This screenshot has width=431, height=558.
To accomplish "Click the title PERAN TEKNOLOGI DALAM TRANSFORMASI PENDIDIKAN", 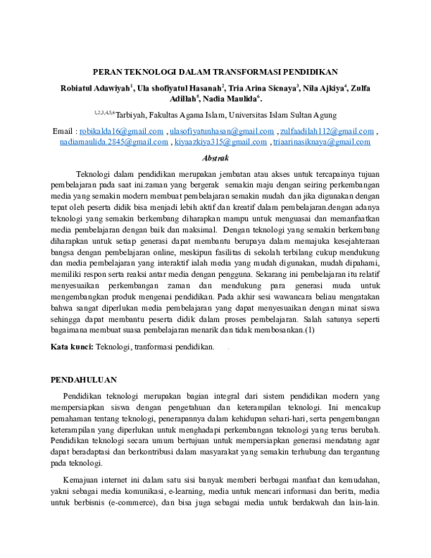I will [x=215, y=71].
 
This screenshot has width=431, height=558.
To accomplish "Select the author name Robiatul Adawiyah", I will [x=94, y=88].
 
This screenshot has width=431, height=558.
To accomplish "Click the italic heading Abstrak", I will [x=215, y=157].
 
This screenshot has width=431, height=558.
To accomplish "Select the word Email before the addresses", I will [x=64, y=132].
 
